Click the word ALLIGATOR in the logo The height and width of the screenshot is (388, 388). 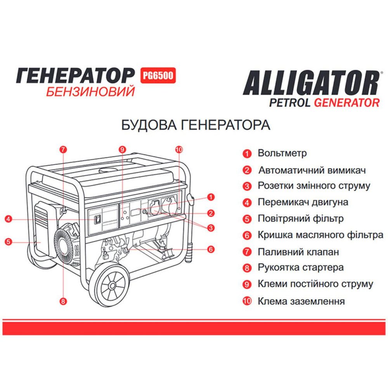point(310,82)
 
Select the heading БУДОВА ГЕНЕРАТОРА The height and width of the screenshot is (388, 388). point(196,125)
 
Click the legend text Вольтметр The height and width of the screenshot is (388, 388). point(282,153)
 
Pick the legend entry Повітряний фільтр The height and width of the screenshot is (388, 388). point(300,218)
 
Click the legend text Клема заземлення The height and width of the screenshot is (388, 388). point(301,301)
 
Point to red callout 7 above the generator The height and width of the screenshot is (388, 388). point(63,149)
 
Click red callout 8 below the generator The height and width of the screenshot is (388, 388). point(63,300)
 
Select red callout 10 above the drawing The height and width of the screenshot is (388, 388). point(178,149)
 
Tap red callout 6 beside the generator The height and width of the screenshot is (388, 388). point(211,249)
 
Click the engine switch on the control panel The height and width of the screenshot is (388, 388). point(99,219)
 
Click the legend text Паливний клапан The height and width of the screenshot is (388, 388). point(298,251)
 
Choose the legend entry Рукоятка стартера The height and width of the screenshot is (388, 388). point(300,267)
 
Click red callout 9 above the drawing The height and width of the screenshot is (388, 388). point(122,149)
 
